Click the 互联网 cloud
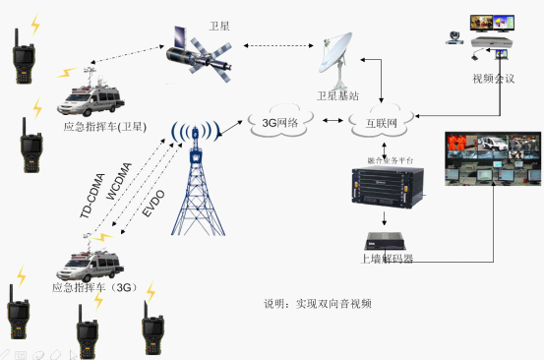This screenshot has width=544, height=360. pos(373,124)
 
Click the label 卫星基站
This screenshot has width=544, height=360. pos(337,96)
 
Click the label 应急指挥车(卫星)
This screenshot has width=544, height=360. pos(105,126)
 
